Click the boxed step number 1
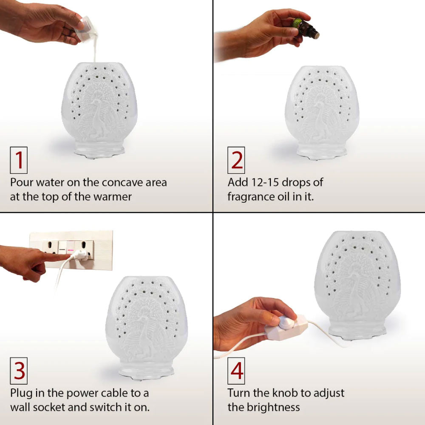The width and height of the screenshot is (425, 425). (19, 160)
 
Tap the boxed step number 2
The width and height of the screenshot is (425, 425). (236, 160)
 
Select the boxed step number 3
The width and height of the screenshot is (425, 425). (19, 371)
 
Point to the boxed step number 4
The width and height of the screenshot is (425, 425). (236, 371)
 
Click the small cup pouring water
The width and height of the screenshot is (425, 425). (87, 30)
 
